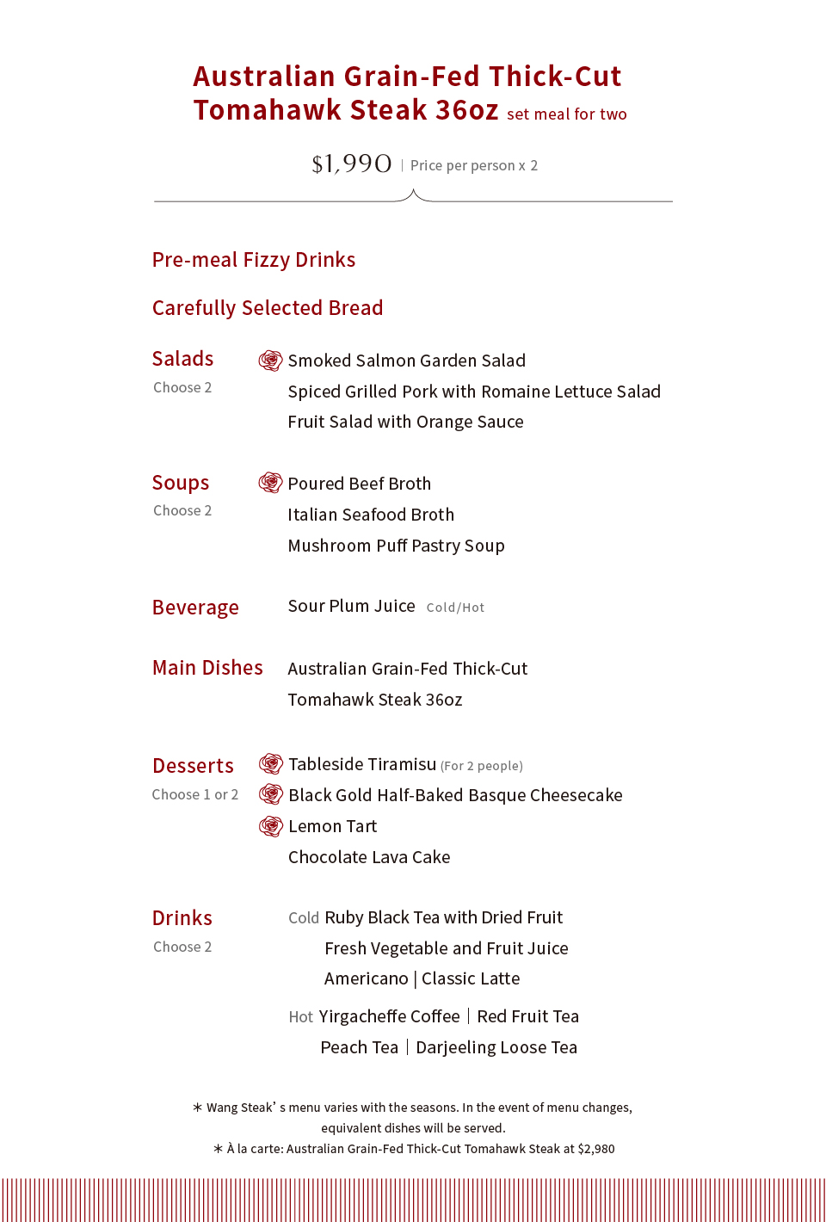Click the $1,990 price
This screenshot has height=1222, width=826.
[x=351, y=164]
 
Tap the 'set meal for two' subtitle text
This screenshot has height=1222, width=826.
[x=566, y=114]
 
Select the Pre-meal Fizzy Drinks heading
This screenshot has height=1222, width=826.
[x=254, y=260]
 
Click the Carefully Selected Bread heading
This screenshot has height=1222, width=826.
[x=268, y=308]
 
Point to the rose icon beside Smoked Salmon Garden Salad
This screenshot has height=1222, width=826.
[x=270, y=361]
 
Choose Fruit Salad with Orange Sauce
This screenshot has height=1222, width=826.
[x=405, y=422]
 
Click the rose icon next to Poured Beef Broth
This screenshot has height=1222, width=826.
[x=270, y=483]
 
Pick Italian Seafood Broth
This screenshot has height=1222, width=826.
[x=371, y=515]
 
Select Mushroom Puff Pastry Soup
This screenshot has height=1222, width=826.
[x=396, y=546]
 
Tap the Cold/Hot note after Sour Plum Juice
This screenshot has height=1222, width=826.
[x=455, y=608]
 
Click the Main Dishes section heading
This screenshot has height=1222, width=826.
[x=207, y=668]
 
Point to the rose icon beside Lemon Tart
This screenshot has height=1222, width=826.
[x=271, y=826]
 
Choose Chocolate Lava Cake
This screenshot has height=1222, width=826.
[x=369, y=857]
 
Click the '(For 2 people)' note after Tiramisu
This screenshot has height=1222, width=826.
[x=482, y=766]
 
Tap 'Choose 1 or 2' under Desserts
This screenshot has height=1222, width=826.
[x=195, y=794]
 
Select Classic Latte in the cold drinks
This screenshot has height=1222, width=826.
[x=471, y=978]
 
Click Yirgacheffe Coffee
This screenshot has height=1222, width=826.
[x=389, y=1016]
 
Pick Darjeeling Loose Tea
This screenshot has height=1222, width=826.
[x=496, y=1047]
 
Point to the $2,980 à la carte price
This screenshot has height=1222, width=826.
[x=596, y=1149]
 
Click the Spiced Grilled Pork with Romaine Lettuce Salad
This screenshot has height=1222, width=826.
[x=474, y=392]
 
